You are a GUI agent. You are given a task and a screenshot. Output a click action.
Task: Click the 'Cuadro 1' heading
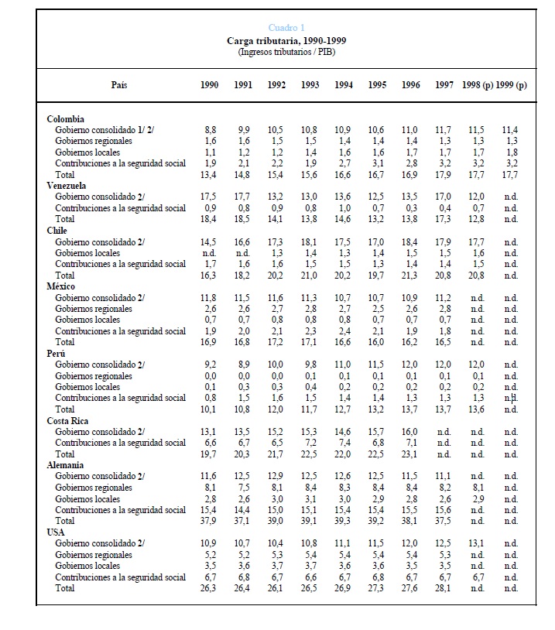point(286,28)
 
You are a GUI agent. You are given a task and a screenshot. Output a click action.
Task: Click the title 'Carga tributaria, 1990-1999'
point(286,40)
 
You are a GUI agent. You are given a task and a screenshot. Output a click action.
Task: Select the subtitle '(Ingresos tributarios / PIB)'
point(286,52)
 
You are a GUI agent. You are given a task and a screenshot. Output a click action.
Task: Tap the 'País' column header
point(119,85)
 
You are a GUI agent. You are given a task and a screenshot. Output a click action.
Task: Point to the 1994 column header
point(344,85)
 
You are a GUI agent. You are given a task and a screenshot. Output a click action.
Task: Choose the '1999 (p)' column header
point(511,85)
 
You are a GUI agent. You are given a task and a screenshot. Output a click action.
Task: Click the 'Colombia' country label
point(66,119)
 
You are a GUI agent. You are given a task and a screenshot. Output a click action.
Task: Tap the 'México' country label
point(63,286)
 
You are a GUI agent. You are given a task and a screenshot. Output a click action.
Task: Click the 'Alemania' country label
point(67,466)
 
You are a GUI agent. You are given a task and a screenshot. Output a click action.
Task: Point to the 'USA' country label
point(57,532)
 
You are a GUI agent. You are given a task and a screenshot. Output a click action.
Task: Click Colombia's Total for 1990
point(210,175)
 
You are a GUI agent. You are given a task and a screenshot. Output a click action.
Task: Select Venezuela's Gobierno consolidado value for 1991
point(243,197)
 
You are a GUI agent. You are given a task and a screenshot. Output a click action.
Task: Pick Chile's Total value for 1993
point(310,276)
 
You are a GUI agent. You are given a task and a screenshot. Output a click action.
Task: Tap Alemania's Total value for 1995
point(377,522)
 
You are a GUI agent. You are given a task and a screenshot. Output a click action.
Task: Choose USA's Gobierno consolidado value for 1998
point(478,544)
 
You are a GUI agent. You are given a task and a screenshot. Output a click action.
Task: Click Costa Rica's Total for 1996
point(411,454)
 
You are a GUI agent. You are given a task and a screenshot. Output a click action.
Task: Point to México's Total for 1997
point(444,342)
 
